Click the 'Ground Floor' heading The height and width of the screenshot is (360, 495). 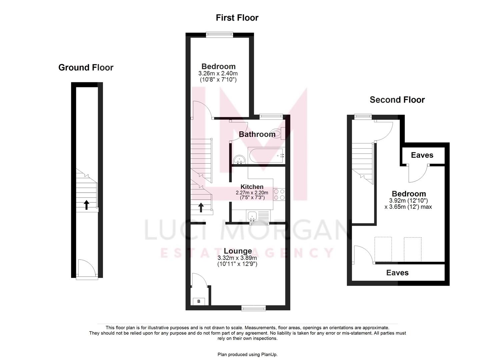(x=86, y=68)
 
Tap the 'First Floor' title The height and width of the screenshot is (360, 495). (x=237, y=18)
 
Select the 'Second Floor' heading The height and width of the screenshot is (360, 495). (x=397, y=100)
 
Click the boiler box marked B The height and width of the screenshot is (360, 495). (x=199, y=301)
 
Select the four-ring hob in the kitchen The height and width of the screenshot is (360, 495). (x=279, y=194)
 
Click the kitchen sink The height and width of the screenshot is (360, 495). (x=252, y=216)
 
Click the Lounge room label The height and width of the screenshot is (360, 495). (x=238, y=251)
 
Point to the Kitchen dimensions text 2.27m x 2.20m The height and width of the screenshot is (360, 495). (x=252, y=193)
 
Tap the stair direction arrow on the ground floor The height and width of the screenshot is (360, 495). (x=86, y=204)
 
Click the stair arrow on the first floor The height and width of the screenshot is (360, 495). (x=201, y=207)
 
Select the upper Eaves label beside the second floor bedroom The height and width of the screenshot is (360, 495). (x=422, y=155)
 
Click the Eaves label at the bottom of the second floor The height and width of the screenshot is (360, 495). (x=397, y=273)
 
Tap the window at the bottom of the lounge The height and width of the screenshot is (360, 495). (x=254, y=308)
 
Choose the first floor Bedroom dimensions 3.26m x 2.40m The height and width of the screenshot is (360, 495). (x=218, y=73)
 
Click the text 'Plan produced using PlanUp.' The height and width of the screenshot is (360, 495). (x=247, y=354)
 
